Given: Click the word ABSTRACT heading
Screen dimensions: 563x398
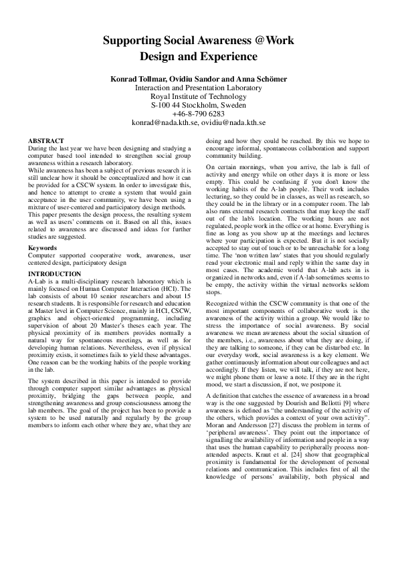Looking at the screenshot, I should pos(46,141).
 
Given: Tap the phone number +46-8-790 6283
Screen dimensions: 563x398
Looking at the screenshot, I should pos(198,114).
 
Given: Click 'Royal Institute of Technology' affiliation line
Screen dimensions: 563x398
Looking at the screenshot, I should pos(198,96).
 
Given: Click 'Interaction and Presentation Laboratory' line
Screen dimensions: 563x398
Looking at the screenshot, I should pos(198,88).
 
